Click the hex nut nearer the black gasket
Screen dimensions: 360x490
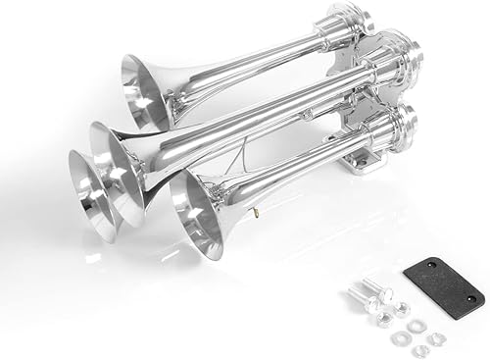[x=401, y=308]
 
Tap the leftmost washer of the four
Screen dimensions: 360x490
[x=399, y=338]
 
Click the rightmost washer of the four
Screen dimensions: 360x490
[x=437, y=338]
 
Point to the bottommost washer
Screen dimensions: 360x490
[x=419, y=350]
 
